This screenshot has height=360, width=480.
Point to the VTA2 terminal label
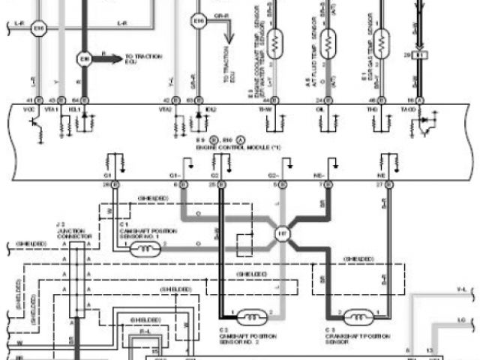[x=166, y=109]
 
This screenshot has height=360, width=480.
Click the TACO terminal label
[x=409, y=109]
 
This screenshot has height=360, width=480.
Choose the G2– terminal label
[x=274, y=175]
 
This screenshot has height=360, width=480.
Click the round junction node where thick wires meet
[x=283, y=232]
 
